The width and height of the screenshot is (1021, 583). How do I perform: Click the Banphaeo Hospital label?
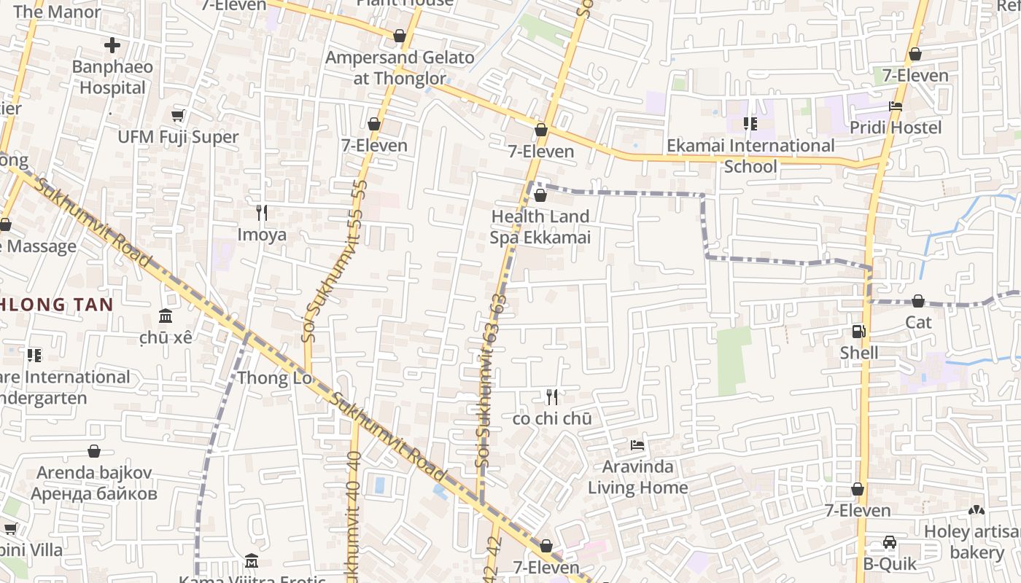pos(112,77)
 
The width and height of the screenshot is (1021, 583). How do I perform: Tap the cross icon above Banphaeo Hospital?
pos(112,46)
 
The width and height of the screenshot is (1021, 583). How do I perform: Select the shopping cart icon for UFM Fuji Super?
pos(177,115)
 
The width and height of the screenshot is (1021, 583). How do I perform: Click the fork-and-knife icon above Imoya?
pos(262,213)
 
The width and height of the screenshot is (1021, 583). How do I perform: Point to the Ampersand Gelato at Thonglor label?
pos(400,68)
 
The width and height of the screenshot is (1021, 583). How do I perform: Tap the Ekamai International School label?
pos(750,156)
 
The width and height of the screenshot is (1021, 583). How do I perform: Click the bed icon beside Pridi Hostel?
pos(896,106)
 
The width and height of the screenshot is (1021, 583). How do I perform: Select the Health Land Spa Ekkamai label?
pos(540,227)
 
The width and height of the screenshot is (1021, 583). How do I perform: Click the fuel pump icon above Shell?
pos(858,332)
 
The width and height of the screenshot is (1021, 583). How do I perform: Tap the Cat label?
pos(918,322)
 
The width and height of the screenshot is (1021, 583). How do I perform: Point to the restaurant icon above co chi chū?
pos(552,397)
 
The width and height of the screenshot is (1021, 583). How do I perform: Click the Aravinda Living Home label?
pos(638,477)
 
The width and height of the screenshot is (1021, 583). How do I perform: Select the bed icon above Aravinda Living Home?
pos(637,445)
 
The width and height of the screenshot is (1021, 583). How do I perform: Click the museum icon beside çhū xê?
pos(166,316)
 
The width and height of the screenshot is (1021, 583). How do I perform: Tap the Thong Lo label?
pos(274,378)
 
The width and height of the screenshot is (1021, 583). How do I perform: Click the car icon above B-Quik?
pos(889,542)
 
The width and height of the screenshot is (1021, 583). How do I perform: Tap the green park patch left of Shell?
pos(734,361)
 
